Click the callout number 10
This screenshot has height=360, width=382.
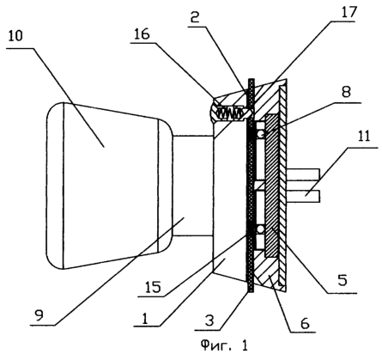(15, 36)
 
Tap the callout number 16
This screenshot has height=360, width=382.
(141, 34)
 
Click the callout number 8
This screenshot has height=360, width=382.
(347, 92)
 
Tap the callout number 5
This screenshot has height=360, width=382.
(343, 280)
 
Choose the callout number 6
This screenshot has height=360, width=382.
(305, 323)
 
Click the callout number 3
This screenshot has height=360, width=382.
(209, 320)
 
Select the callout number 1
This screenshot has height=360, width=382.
(145, 318)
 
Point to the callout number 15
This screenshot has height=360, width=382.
(154, 287)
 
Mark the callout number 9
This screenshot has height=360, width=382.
(39, 315)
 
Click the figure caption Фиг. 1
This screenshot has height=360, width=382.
(224, 345)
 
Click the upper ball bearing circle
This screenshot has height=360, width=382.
(261, 133)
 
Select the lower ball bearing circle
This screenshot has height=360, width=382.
(261, 229)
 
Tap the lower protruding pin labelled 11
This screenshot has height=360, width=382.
(303, 198)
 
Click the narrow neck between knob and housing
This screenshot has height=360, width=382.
(193, 186)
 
